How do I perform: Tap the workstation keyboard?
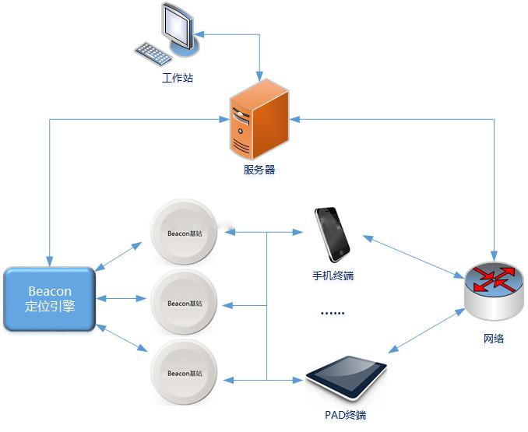pyautogui.click(x=154, y=53)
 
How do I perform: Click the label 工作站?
pyautogui.click(x=177, y=79)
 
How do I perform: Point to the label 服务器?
pyautogui.click(x=259, y=169)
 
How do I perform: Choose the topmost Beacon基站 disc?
pyautogui.click(x=184, y=232)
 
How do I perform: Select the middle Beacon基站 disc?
pyautogui.click(x=184, y=301)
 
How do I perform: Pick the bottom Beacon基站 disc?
pyautogui.click(x=184, y=371)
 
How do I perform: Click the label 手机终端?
pyautogui.click(x=333, y=276)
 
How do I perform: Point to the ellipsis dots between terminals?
pyautogui.click(x=333, y=313)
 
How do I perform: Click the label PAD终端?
pyautogui.click(x=345, y=416)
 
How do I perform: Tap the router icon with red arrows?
pyautogui.click(x=493, y=289)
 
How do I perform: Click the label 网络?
pyautogui.click(x=493, y=339)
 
